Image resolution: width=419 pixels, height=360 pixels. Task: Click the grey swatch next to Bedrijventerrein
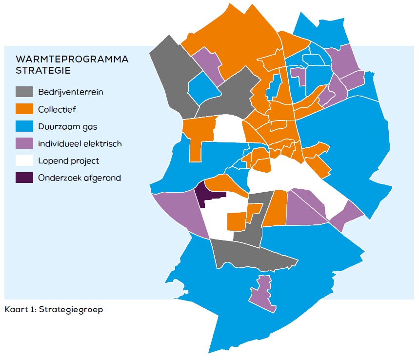[24, 92]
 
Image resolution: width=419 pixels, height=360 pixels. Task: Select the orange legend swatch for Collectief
[24, 109]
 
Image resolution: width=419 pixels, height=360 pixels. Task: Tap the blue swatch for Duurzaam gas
[24, 126]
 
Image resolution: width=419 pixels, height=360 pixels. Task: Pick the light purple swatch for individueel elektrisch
[24, 143]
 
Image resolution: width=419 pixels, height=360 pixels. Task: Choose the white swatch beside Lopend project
[24, 160]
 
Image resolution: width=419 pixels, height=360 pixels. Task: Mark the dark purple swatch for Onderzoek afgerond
[24, 178]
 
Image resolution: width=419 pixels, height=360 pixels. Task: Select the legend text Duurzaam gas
[67, 126]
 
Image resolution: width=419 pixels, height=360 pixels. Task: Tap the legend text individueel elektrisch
[80, 143]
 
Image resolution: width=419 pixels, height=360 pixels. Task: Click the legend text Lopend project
[68, 160]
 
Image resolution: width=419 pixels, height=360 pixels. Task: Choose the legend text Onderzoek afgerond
[79, 178]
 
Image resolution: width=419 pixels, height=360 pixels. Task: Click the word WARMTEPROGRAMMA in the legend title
[72, 59]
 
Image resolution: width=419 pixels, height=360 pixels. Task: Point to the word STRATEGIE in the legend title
[43, 70]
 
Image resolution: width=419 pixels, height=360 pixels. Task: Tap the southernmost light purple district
[262, 293]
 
